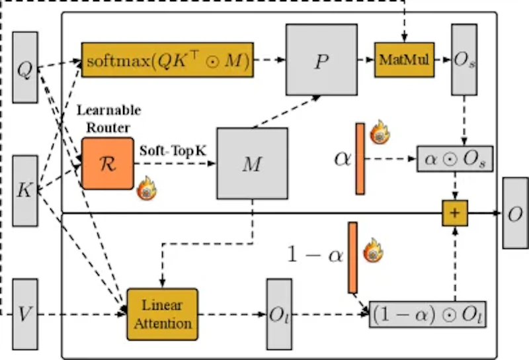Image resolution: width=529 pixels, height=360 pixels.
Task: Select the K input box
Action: click(24, 191)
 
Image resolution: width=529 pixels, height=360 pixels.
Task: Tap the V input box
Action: click(24, 314)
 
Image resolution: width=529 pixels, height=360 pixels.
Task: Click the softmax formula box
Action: click(169, 60)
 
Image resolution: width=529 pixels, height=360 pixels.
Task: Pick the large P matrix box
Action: click(321, 60)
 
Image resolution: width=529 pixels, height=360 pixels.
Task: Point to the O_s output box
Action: click(463, 60)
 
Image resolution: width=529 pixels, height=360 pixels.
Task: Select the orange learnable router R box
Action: click(107, 163)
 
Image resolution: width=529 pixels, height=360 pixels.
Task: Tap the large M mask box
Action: click(252, 163)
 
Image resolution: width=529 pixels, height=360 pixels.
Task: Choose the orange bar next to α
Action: click(360, 159)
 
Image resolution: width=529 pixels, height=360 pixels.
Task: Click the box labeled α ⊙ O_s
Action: click(456, 159)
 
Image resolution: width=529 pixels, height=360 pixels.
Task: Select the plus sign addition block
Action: click(455, 213)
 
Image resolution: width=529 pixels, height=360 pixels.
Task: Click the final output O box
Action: click(514, 213)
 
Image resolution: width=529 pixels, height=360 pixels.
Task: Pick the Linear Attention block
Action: click(162, 314)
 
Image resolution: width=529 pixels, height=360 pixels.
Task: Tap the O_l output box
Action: click(278, 314)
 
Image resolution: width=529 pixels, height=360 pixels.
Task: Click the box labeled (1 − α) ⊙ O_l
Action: click(427, 314)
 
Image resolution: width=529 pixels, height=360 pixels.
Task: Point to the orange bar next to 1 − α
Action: click(352, 257)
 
